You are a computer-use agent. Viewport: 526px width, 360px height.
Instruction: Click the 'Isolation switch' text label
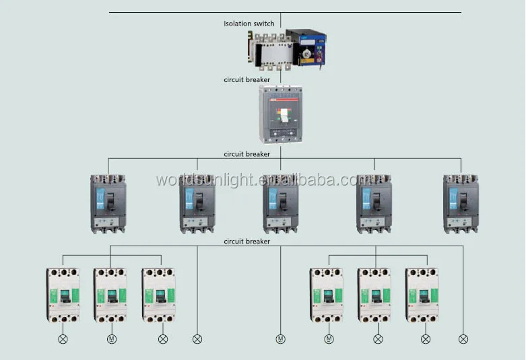click(x=249, y=24)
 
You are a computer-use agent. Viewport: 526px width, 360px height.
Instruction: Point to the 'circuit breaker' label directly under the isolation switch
click(x=247, y=79)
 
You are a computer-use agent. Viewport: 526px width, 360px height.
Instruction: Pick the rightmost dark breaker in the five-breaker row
click(x=461, y=204)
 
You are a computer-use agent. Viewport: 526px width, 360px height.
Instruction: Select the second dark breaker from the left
click(x=197, y=204)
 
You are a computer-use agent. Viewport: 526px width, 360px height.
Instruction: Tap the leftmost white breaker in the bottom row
click(x=63, y=295)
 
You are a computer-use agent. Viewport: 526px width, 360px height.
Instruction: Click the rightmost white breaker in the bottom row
click(x=424, y=295)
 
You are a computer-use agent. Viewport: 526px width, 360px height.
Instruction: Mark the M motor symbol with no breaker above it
click(x=280, y=339)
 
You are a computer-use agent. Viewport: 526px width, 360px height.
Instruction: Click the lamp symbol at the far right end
click(x=463, y=339)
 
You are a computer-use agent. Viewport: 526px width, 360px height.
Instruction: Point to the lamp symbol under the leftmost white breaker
click(x=63, y=339)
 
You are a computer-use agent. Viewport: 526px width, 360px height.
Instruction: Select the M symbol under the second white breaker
click(x=112, y=339)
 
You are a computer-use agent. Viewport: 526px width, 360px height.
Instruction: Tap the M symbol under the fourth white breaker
click(x=329, y=339)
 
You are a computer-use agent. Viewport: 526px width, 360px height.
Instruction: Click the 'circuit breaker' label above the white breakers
click(x=247, y=241)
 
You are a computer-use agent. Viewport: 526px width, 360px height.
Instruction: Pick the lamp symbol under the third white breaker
click(x=162, y=339)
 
